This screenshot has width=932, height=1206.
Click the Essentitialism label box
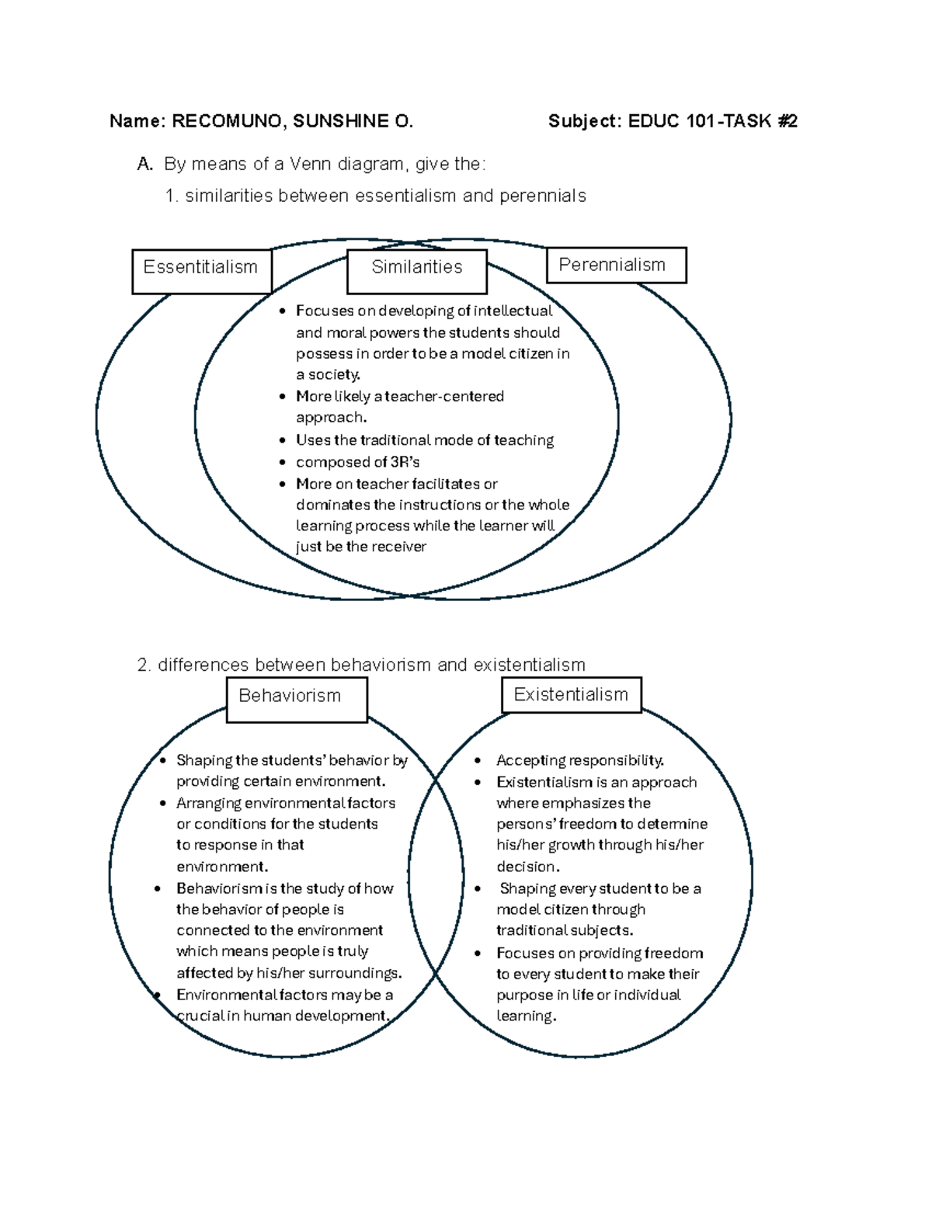tap(201, 270)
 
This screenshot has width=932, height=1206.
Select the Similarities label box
tap(417, 270)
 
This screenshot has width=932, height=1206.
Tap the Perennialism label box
tap(616, 266)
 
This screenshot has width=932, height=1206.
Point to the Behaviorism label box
tap(296, 699)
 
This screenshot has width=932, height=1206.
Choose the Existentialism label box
tap(572, 695)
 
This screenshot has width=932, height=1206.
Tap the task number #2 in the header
tap(787, 121)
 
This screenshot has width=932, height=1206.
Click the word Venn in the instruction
tap(311, 164)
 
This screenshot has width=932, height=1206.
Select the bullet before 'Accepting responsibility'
tap(479, 761)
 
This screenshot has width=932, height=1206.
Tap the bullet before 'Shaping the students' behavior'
tap(162, 761)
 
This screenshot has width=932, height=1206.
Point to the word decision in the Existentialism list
tap(527, 867)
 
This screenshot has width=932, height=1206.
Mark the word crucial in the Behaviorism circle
tap(198, 1017)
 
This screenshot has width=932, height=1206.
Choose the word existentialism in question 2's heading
tap(529, 666)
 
